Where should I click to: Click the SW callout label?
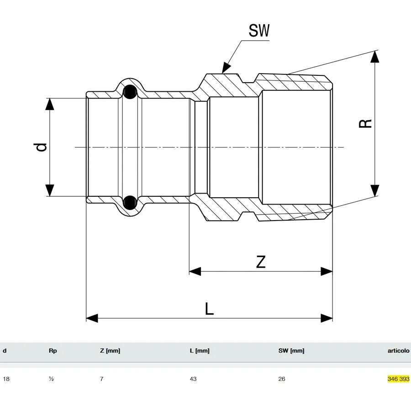click(x=259, y=32)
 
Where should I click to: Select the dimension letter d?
click(x=42, y=147)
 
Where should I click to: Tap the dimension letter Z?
click(x=260, y=262)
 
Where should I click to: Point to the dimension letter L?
click(x=209, y=309)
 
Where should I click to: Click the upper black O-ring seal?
click(x=130, y=92)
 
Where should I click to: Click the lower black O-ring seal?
click(x=130, y=201)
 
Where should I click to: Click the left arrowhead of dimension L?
click(x=91, y=318)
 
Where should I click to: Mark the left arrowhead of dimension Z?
click(x=195, y=271)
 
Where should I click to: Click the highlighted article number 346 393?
click(x=398, y=379)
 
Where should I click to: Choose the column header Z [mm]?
click(x=110, y=351)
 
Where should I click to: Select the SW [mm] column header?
click(x=291, y=351)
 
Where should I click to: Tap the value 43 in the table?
click(x=193, y=379)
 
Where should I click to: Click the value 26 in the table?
click(x=282, y=379)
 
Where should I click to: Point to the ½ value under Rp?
click(x=51, y=379)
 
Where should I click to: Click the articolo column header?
click(x=398, y=351)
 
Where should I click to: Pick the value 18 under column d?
click(x=6, y=379)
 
